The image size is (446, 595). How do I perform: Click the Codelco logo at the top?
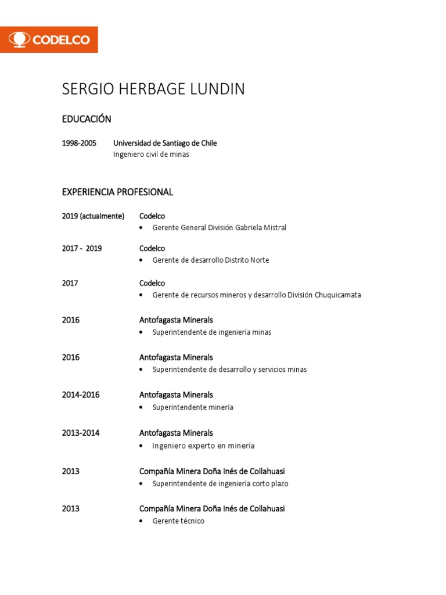tap(49, 40)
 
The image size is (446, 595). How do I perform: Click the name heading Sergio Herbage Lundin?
tap(153, 89)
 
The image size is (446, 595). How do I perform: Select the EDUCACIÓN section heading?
tap(87, 119)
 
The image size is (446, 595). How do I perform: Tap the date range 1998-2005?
tap(80, 143)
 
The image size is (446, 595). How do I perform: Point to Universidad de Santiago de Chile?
tap(165, 143)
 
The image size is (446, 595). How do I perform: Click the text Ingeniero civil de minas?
tap(151, 155)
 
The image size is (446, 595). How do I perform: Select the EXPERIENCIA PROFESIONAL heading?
tap(117, 192)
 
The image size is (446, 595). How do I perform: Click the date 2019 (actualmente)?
tap(93, 216)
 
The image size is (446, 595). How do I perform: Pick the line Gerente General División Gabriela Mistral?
tap(219, 228)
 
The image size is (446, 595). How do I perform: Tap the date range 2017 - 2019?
tap(82, 248)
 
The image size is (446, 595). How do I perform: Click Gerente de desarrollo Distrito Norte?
tap(211, 260)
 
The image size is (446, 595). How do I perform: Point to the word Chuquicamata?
tap(338, 295)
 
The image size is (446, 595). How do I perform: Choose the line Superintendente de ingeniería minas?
tap(212, 332)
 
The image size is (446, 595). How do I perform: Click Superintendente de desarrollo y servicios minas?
tap(229, 370)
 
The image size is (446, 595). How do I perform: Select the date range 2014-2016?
tap(81, 395)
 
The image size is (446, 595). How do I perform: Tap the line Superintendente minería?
tap(193, 407)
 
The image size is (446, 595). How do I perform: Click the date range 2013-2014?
tap(81, 433)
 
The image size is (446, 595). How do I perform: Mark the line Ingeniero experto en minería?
tap(203, 446)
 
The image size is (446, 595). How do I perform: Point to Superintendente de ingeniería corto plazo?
tap(220, 483)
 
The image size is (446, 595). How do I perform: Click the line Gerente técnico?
tap(178, 521)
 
